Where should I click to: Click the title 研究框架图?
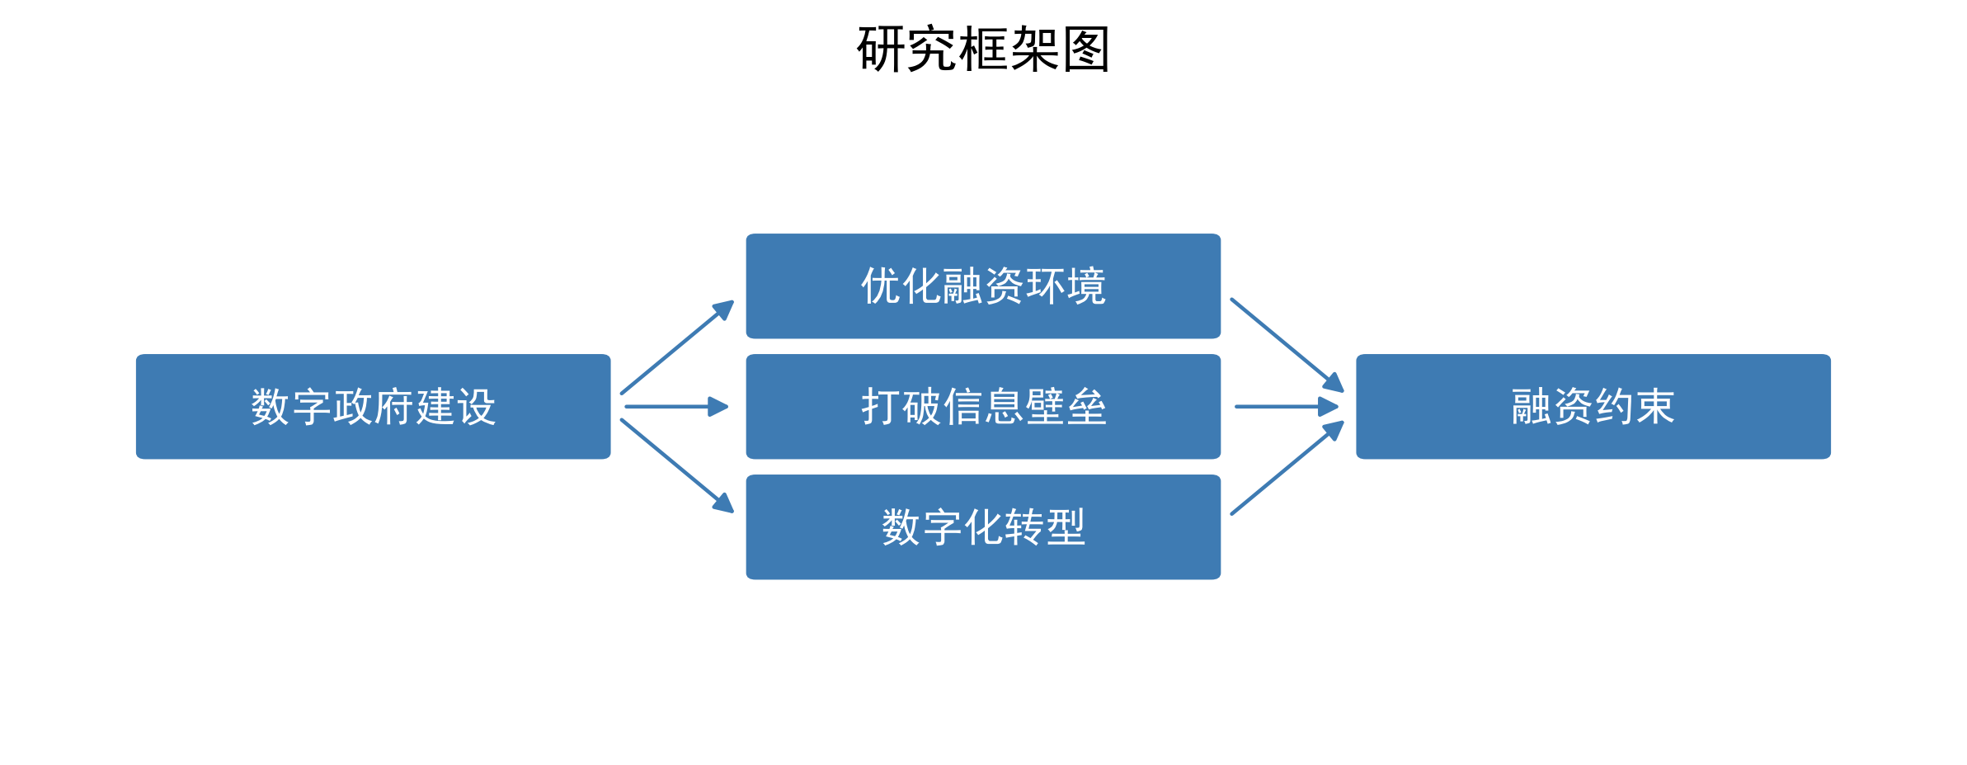(x=983, y=50)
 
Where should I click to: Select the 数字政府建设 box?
(x=373, y=406)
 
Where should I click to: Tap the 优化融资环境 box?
(x=983, y=286)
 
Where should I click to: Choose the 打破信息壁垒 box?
(x=983, y=406)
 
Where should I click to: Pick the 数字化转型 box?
(x=983, y=527)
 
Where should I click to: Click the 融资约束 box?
(x=1593, y=406)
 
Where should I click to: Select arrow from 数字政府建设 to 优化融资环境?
(x=676, y=347)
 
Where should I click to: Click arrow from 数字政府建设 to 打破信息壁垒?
(x=676, y=406)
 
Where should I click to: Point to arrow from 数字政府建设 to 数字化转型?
(x=676, y=465)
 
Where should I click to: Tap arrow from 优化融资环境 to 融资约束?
(x=1287, y=344)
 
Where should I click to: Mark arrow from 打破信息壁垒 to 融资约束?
(x=1287, y=406)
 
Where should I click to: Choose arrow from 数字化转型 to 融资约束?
(x=1287, y=468)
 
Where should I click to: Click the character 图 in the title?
(x=1086, y=50)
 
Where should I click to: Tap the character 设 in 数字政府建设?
(x=476, y=407)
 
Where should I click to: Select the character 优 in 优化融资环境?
(x=881, y=286)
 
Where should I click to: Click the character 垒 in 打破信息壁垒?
(x=1086, y=407)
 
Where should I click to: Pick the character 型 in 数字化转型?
(x=1066, y=527)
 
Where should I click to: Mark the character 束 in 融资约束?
(x=1655, y=407)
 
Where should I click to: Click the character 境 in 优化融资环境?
(x=1086, y=286)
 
